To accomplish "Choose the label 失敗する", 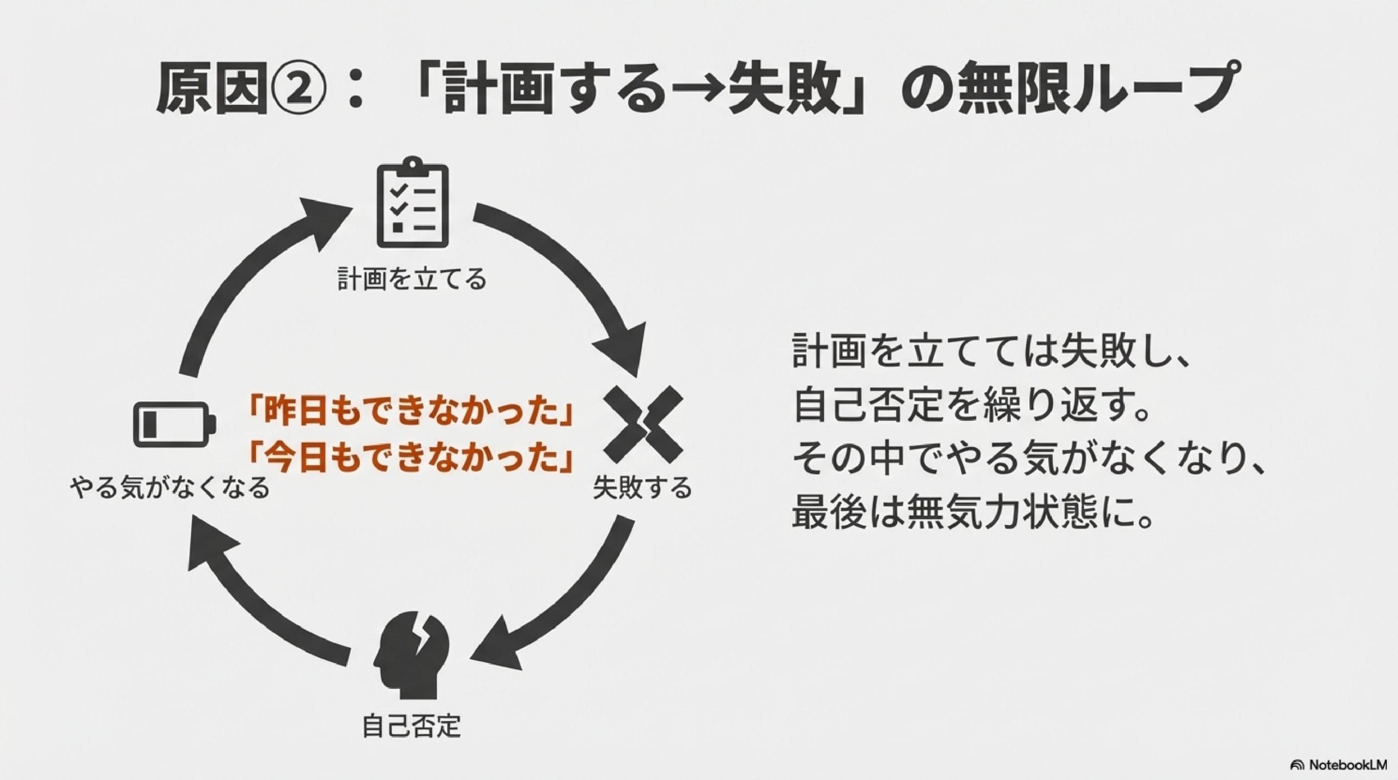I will (642, 488).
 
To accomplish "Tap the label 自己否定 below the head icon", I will (412, 726).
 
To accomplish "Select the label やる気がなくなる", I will (170, 488).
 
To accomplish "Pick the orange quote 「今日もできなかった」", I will (410, 457).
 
